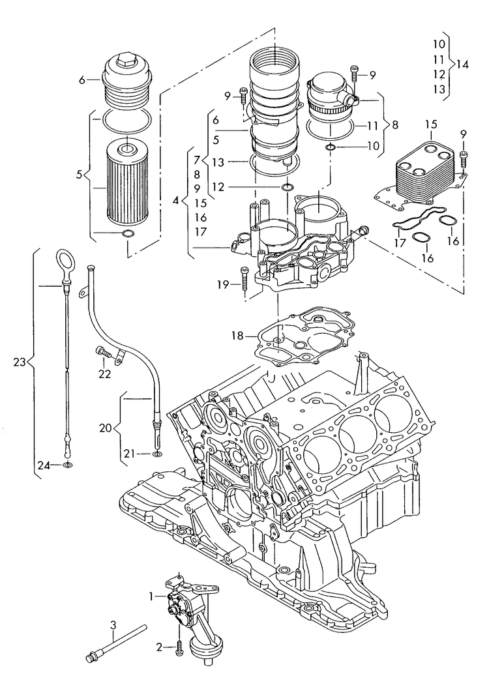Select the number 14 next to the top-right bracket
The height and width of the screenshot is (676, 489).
462,64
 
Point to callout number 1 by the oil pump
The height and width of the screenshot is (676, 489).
151,596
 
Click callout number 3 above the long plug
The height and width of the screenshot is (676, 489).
113,625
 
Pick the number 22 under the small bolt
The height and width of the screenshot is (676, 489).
104,374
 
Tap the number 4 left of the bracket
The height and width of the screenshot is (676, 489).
175,202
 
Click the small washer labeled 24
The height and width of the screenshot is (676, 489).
68,465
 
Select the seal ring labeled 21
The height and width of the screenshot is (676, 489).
156,452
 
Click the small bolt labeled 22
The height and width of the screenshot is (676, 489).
101,352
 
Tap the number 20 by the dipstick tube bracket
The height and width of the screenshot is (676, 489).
105,428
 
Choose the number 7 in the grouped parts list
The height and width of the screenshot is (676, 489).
196,159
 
